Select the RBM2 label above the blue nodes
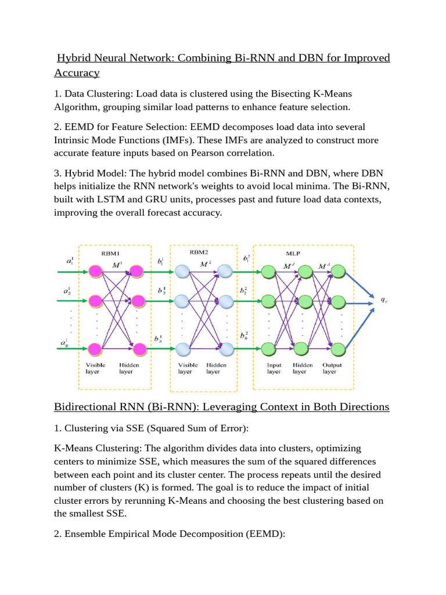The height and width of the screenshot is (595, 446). [x=199, y=253]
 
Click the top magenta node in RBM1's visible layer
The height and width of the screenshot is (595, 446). [x=96, y=271]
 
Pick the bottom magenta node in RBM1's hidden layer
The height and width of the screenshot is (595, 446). [x=138, y=349]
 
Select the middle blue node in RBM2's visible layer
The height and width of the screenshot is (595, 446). [x=182, y=301]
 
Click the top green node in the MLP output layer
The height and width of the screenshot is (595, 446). [x=339, y=271]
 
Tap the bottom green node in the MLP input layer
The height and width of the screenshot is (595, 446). [x=268, y=349]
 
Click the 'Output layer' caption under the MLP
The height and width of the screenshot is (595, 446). [x=333, y=368]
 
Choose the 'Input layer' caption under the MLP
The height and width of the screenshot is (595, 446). [x=274, y=368]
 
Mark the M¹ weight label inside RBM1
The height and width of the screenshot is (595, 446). [x=116, y=265]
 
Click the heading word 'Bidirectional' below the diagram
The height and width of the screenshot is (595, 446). [x=93, y=407]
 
